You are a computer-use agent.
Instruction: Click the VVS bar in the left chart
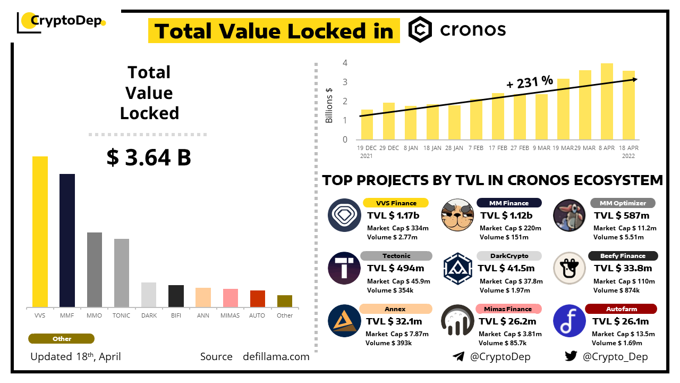pyautogui.click(x=40, y=231)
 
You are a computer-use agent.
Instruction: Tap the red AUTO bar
pyautogui.click(x=258, y=298)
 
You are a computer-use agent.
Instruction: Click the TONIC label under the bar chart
pyautogui.click(x=122, y=315)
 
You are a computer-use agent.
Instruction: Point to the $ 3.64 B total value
pyautogui.click(x=149, y=157)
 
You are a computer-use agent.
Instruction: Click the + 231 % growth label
pyautogui.click(x=530, y=82)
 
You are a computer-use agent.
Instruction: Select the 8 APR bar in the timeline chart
pyautogui.click(x=607, y=101)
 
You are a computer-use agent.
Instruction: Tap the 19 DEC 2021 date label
pyautogui.click(x=367, y=152)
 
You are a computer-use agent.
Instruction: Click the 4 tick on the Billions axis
pyautogui.click(x=345, y=63)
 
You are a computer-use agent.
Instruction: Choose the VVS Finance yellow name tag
pyautogui.click(x=396, y=203)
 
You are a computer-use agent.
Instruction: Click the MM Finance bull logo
pyautogui.click(x=457, y=215)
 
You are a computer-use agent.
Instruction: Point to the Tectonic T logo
pyautogui.click(x=344, y=268)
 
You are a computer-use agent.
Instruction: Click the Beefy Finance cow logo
pyautogui.click(x=569, y=268)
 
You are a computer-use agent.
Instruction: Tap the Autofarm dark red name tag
pyautogui.click(x=621, y=309)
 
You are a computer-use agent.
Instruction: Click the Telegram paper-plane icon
pyautogui.click(x=458, y=356)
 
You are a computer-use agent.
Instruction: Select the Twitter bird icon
pyautogui.click(x=571, y=356)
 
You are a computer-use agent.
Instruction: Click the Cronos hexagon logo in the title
pyautogui.click(x=420, y=30)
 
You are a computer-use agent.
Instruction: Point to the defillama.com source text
pyautogui.click(x=276, y=356)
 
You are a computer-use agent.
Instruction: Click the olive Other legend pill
pyautogui.click(x=62, y=339)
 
